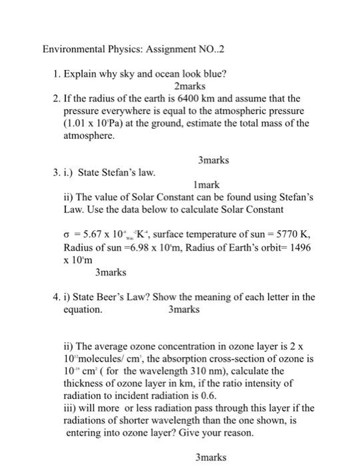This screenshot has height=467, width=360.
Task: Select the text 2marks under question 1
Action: click(x=188, y=86)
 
